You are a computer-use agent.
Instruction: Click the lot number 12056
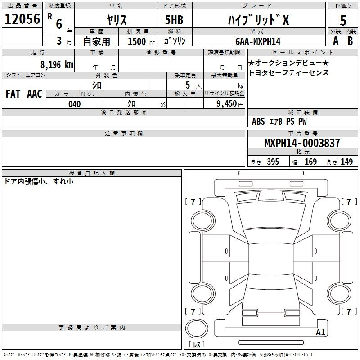coord(22,19)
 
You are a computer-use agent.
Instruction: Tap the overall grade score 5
coord(343,21)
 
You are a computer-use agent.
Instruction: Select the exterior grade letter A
coord(336,41)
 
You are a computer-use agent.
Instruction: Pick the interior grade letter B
coord(350,41)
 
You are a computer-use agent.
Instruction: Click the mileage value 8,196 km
coord(57,65)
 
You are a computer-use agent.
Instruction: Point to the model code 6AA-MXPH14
coord(258,41)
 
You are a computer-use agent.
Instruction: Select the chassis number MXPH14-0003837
coord(302,143)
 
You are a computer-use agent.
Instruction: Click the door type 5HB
coord(174,20)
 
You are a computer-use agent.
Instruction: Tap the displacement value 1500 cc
coord(141,41)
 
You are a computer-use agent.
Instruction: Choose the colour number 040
coord(74,104)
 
